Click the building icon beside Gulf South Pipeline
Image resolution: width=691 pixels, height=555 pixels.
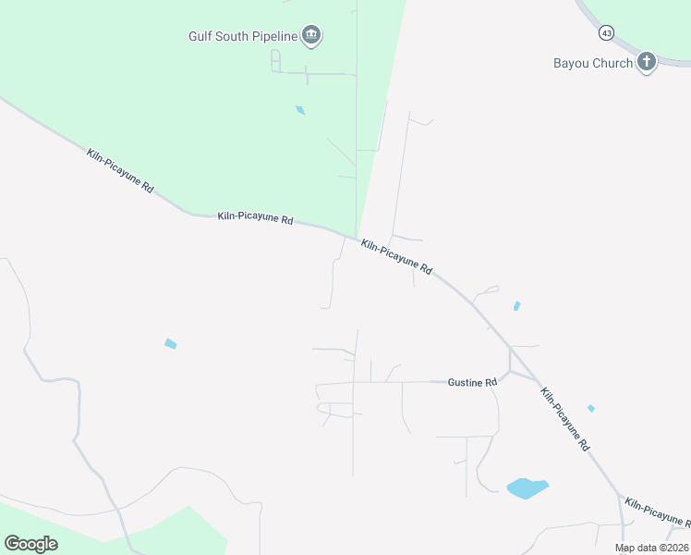click(311, 36)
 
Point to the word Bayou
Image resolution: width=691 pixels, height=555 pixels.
click(571, 63)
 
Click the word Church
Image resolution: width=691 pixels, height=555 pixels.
click(612, 63)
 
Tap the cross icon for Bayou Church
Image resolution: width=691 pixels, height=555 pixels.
click(647, 62)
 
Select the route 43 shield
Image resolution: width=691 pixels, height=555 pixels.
click(606, 32)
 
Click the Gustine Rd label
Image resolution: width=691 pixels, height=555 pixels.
click(472, 382)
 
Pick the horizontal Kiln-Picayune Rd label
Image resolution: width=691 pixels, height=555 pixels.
click(255, 219)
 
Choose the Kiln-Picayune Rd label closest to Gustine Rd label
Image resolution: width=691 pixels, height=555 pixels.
click(564, 419)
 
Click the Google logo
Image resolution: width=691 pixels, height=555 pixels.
click(30, 544)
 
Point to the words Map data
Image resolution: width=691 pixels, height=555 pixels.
click(636, 548)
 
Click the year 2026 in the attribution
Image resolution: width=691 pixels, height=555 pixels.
click(676, 548)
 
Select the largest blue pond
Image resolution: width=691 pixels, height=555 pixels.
click(527, 487)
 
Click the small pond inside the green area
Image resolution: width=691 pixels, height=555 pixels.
click(300, 110)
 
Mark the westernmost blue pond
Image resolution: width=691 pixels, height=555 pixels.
click(170, 344)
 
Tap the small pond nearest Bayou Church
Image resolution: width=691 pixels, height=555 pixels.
click(516, 305)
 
